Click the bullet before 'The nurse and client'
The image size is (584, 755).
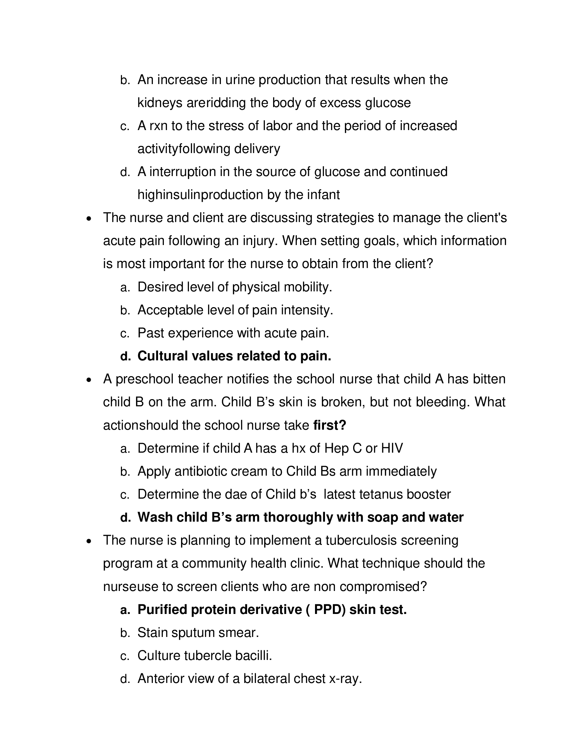(x=89, y=219)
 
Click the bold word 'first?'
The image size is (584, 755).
(x=329, y=425)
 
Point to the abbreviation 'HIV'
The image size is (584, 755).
(x=392, y=449)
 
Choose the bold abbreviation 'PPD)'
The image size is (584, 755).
(x=329, y=610)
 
